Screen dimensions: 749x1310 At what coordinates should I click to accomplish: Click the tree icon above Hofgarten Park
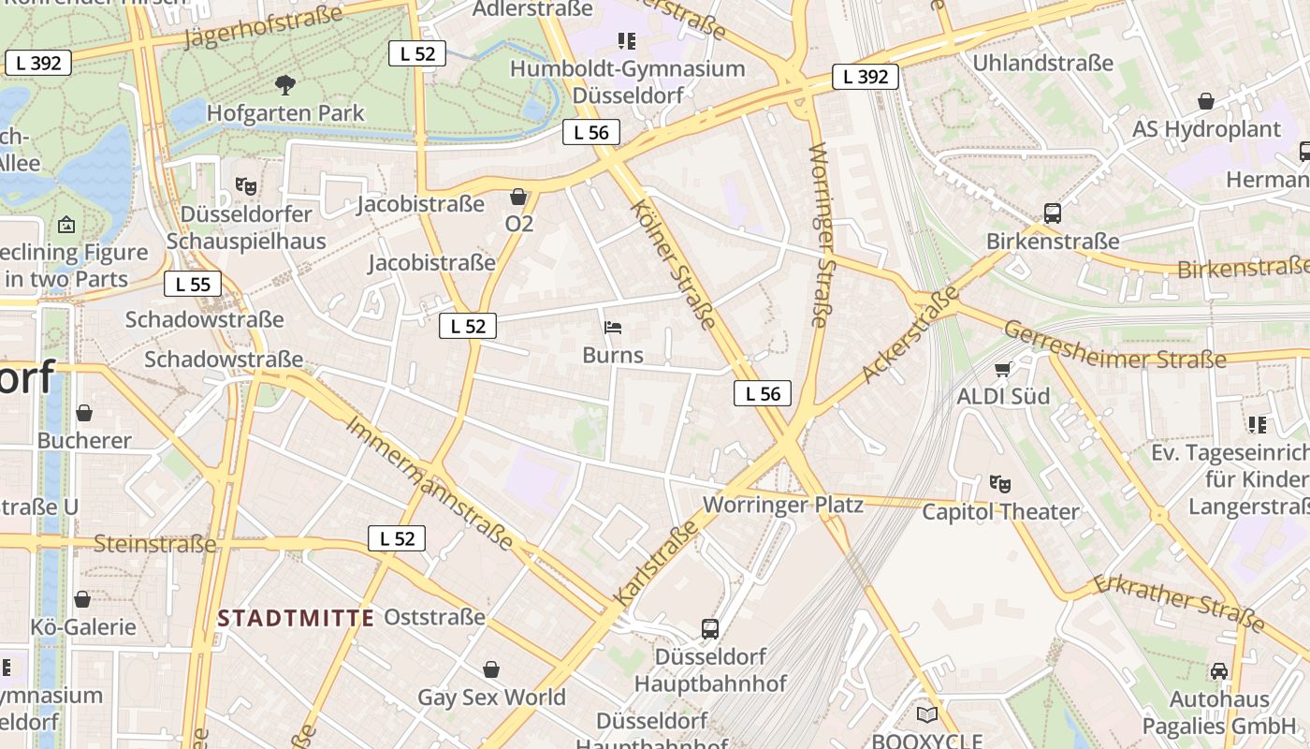coord(285,85)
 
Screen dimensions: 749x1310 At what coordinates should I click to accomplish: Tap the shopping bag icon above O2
coord(518,197)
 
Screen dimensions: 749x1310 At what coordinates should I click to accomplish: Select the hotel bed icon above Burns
coord(613,328)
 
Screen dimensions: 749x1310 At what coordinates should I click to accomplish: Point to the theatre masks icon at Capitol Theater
coord(1000,484)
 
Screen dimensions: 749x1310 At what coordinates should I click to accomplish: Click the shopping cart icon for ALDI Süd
coord(1003,369)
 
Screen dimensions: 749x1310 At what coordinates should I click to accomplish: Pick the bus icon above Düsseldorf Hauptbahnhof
coord(710,628)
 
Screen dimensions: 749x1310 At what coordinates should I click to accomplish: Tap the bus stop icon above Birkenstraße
coord(1053,213)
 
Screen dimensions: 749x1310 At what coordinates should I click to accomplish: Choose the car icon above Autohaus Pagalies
coord(1219,670)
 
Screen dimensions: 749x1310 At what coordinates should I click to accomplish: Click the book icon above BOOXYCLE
coord(926,714)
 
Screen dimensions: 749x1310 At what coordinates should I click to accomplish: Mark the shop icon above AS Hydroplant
coord(1206,101)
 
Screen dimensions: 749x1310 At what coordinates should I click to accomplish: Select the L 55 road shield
coord(193,284)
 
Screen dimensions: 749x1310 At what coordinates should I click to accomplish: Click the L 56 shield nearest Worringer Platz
coord(763,393)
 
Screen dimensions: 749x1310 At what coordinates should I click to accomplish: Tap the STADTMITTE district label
coord(296,618)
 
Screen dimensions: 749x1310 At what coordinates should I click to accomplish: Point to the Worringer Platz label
coord(782,505)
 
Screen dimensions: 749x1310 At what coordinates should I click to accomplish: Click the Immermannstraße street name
coord(429,482)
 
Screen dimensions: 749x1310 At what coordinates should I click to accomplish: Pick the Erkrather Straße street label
coord(1179,602)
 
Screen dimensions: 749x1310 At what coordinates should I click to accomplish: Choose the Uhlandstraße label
coord(1043,63)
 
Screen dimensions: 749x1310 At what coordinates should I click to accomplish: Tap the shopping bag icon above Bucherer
coord(84,413)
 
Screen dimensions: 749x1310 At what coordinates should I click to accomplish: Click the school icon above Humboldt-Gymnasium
coord(627,40)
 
